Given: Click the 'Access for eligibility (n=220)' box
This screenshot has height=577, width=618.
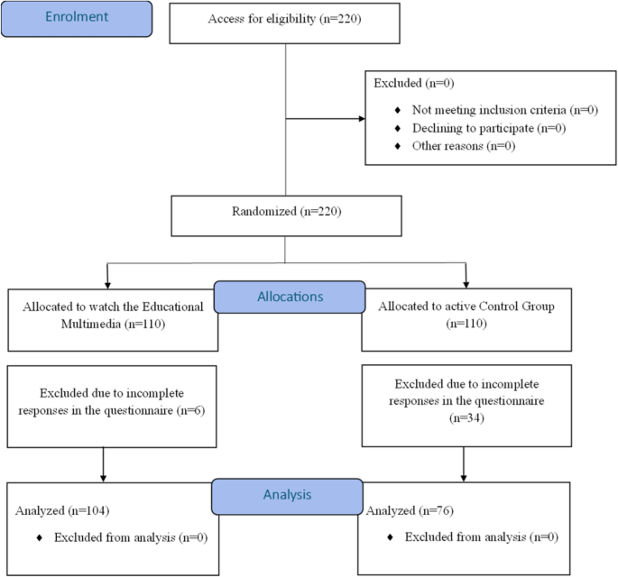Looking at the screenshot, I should coord(285,21).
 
